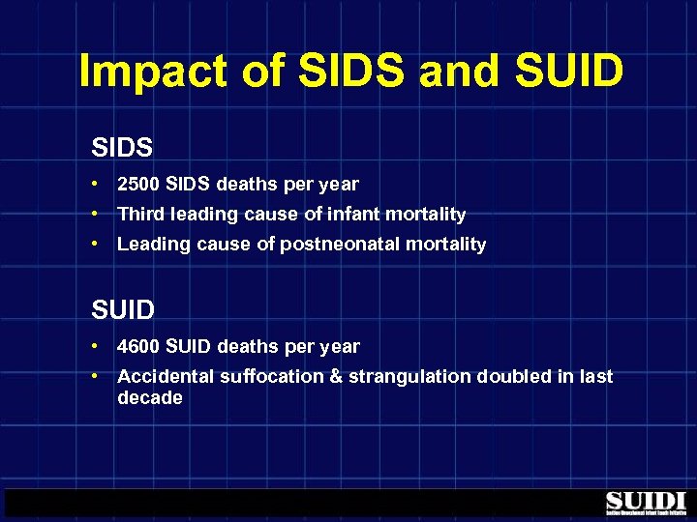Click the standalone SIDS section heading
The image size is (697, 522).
pyautogui.click(x=123, y=147)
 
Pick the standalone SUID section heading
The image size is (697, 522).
pyautogui.click(x=123, y=310)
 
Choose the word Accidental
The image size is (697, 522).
pyautogui.click(x=166, y=376)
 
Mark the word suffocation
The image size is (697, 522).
pyautogui.click(x=272, y=376)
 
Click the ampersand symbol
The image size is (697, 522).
pyautogui.click(x=337, y=376)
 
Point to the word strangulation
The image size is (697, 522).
pyautogui.click(x=408, y=376)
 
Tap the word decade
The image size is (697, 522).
pyautogui.click(x=149, y=397)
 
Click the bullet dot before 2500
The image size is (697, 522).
pyautogui.click(x=98, y=184)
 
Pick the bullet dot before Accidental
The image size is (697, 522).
pyautogui.click(x=98, y=376)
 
